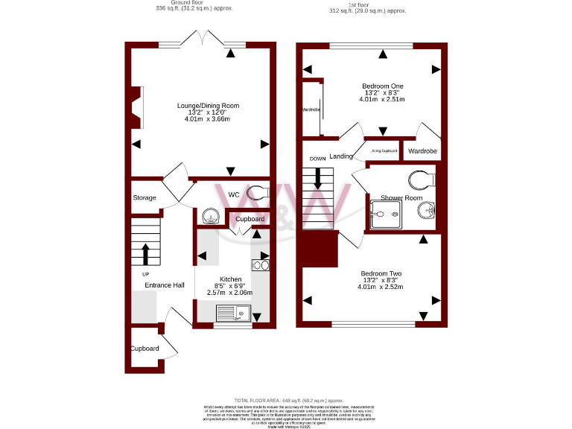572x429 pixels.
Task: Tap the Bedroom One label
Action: tap(381, 85)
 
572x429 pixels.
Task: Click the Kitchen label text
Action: tap(229, 278)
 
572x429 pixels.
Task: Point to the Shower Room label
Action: tap(401, 197)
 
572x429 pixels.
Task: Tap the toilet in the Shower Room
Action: tap(422, 179)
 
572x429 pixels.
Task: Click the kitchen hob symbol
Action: tap(261, 264)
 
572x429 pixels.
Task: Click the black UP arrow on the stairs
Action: tap(146, 253)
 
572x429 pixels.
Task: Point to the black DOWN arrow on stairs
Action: tap(319, 177)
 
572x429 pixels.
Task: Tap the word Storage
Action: tap(144, 197)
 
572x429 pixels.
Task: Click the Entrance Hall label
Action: tap(164, 285)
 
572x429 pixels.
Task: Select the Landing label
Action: tap(341, 156)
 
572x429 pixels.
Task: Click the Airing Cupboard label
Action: tap(384, 151)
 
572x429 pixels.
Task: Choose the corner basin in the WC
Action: tap(209, 216)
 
